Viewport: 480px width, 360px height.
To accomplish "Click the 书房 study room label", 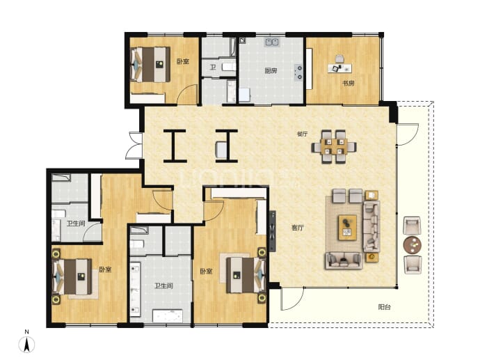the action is (349, 83).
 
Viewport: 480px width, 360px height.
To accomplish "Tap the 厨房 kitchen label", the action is (271, 71).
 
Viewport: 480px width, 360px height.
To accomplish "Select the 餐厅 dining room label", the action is (303, 134).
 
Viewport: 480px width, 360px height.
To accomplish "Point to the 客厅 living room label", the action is (298, 228).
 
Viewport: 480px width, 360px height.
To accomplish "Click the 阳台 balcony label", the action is (384, 306).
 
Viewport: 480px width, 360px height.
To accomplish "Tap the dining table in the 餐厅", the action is (334, 146).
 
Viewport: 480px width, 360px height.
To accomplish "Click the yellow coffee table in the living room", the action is (347, 227).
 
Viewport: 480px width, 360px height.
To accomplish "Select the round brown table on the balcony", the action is (413, 245).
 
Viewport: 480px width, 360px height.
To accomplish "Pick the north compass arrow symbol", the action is (26, 345).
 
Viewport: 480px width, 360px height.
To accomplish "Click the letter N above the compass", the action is (27, 332).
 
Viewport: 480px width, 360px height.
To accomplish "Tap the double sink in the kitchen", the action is (272, 42).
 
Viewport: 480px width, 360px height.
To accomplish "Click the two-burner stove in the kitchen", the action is (298, 72).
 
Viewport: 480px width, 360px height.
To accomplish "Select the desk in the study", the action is (339, 68).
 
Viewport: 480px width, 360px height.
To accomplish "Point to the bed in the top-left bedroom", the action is (150, 64).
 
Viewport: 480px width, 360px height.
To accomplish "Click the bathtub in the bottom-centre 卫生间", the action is (168, 316).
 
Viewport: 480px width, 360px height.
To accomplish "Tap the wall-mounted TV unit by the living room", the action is (272, 231).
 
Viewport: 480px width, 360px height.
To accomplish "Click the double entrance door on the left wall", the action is (134, 146).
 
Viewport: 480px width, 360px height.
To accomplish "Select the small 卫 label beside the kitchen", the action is (212, 67).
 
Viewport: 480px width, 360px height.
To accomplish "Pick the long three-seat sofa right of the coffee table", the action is (371, 226).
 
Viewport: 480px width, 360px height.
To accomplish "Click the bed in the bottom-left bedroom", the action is (73, 276).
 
